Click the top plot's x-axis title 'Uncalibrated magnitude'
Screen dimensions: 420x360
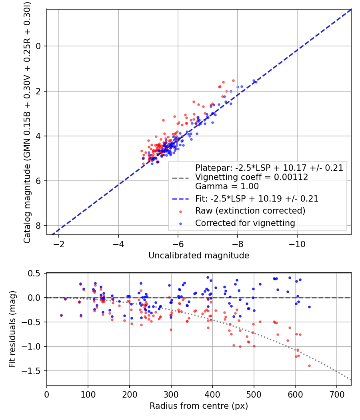pyautogui.click(x=199, y=256)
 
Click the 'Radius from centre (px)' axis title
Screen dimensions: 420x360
pyautogui.click(x=199, y=406)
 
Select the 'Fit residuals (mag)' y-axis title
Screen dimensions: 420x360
pyautogui.click(x=12, y=329)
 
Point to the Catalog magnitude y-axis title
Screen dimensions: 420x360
pyautogui.click(x=27, y=122)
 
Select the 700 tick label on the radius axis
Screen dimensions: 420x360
pyautogui.click(x=336, y=394)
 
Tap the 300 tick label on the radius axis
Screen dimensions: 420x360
pyautogui.click(x=171, y=394)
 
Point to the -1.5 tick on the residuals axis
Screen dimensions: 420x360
pyautogui.click(x=32, y=371)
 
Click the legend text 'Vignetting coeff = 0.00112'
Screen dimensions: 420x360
pyautogui.click(x=251, y=177)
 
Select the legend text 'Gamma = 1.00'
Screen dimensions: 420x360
pyautogui.click(x=227, y=186)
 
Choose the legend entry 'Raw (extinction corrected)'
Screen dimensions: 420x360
pyautogui.click(x=250, y=211)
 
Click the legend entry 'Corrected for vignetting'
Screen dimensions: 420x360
pyautogui.click(x=245, y=223)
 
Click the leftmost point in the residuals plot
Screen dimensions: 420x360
pyautogui.click(x=61, y=315)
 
